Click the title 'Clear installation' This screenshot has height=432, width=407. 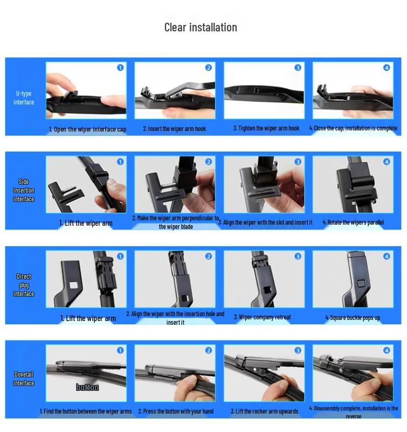[201, 28]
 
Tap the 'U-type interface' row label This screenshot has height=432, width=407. [24, 98]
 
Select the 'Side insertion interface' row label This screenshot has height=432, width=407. [24, 191]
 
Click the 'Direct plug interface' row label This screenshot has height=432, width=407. [24, 285]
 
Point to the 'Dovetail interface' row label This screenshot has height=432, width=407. [24, 379]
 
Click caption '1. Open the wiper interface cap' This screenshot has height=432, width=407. [88, 129]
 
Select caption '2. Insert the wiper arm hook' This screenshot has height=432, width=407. [174, 129]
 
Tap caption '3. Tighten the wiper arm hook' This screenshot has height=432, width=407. [266, 128]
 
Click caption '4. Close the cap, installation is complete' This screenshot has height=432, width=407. [353, 128]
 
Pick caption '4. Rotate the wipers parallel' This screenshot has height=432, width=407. [353, 222]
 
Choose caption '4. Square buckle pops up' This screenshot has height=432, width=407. [352, 318]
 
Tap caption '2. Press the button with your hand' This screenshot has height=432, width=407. [176, 411]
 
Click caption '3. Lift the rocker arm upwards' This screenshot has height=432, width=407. [264, 411]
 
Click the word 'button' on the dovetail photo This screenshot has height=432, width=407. [87, 387]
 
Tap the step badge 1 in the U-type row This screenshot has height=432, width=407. [120, 68]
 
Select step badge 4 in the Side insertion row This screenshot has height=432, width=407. [386, 162]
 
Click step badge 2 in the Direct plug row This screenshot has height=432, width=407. [209, 256]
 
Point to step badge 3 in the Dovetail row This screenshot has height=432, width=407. [298, 350]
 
